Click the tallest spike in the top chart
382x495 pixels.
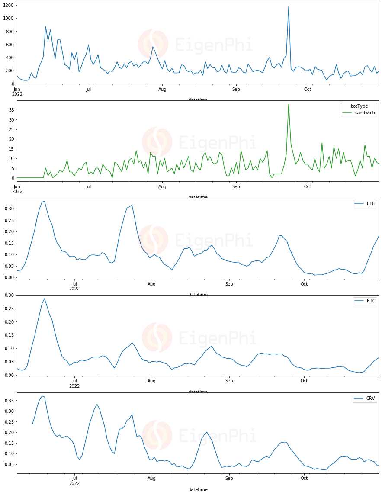tap(289, 7)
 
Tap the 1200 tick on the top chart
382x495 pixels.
tap(8, 5)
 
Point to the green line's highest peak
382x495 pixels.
tap(289, 104)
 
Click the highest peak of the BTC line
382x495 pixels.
tap(44, 299)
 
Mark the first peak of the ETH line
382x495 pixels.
tap(44, 201)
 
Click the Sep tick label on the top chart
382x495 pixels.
tap(236, 90)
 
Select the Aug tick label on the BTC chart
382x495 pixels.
tap(151, 381)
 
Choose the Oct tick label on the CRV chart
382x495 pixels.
tap(304, 479)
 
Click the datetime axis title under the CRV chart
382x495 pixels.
tap(198, 490)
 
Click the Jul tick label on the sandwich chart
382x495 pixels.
tap(88, 187)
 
